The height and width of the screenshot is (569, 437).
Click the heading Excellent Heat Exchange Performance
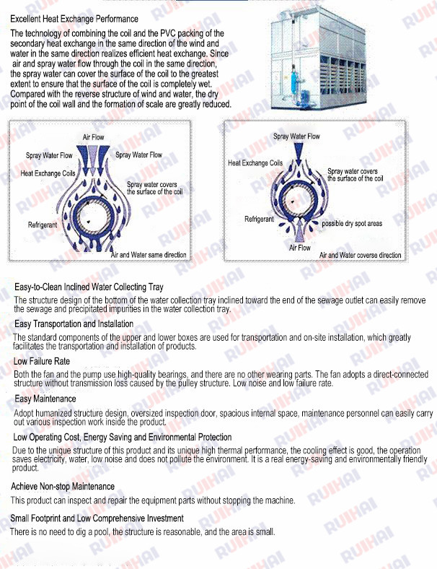click(74, 19)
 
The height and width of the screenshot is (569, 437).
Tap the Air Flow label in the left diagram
click(93, 137)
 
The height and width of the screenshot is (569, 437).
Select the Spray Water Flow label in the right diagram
click(296, 136)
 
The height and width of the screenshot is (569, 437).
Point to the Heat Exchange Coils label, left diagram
click(48, 174)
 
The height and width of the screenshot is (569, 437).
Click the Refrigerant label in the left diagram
click(43, 225)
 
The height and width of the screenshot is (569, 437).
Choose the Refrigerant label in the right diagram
click(259, 219)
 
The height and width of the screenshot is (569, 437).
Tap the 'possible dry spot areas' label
click(352, 224)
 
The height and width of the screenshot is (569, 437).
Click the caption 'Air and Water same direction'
click(148, 255)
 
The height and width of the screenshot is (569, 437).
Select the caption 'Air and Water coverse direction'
click(360, 255)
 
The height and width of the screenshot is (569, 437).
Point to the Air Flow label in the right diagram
click(299, 248)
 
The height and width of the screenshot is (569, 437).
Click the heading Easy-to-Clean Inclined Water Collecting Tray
click(89, 287)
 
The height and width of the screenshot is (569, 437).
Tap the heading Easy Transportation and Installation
click(74, 324)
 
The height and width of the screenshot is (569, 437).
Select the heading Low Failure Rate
click(42, 361)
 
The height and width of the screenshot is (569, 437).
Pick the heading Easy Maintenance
click(45, 399)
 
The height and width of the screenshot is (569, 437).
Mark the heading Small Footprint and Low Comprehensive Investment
click(97, 518)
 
